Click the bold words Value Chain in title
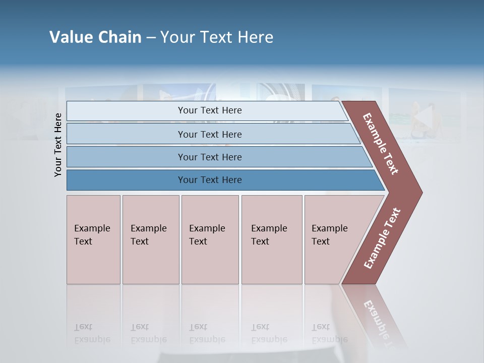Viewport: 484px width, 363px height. point(95,37)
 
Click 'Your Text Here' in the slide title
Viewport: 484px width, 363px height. point(217,37)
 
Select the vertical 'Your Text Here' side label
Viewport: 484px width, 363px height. point(58,145)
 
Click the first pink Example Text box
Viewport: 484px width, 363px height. point(93,239)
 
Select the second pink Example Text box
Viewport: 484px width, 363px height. point(150,239)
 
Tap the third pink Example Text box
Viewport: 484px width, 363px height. point(210,239)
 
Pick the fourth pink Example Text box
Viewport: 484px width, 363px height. point(272,239)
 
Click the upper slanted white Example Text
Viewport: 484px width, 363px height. point(381,144)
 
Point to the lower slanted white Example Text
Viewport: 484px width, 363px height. point(382,238)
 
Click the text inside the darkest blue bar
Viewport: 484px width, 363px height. point(210,180)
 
